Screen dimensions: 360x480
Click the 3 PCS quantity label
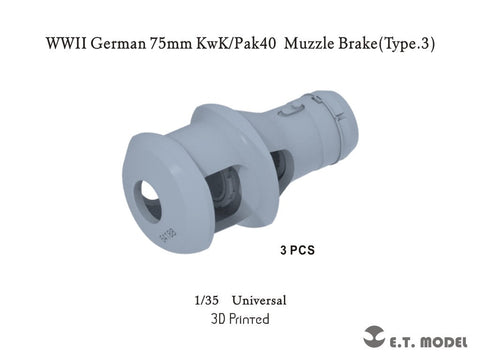(298, 251)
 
